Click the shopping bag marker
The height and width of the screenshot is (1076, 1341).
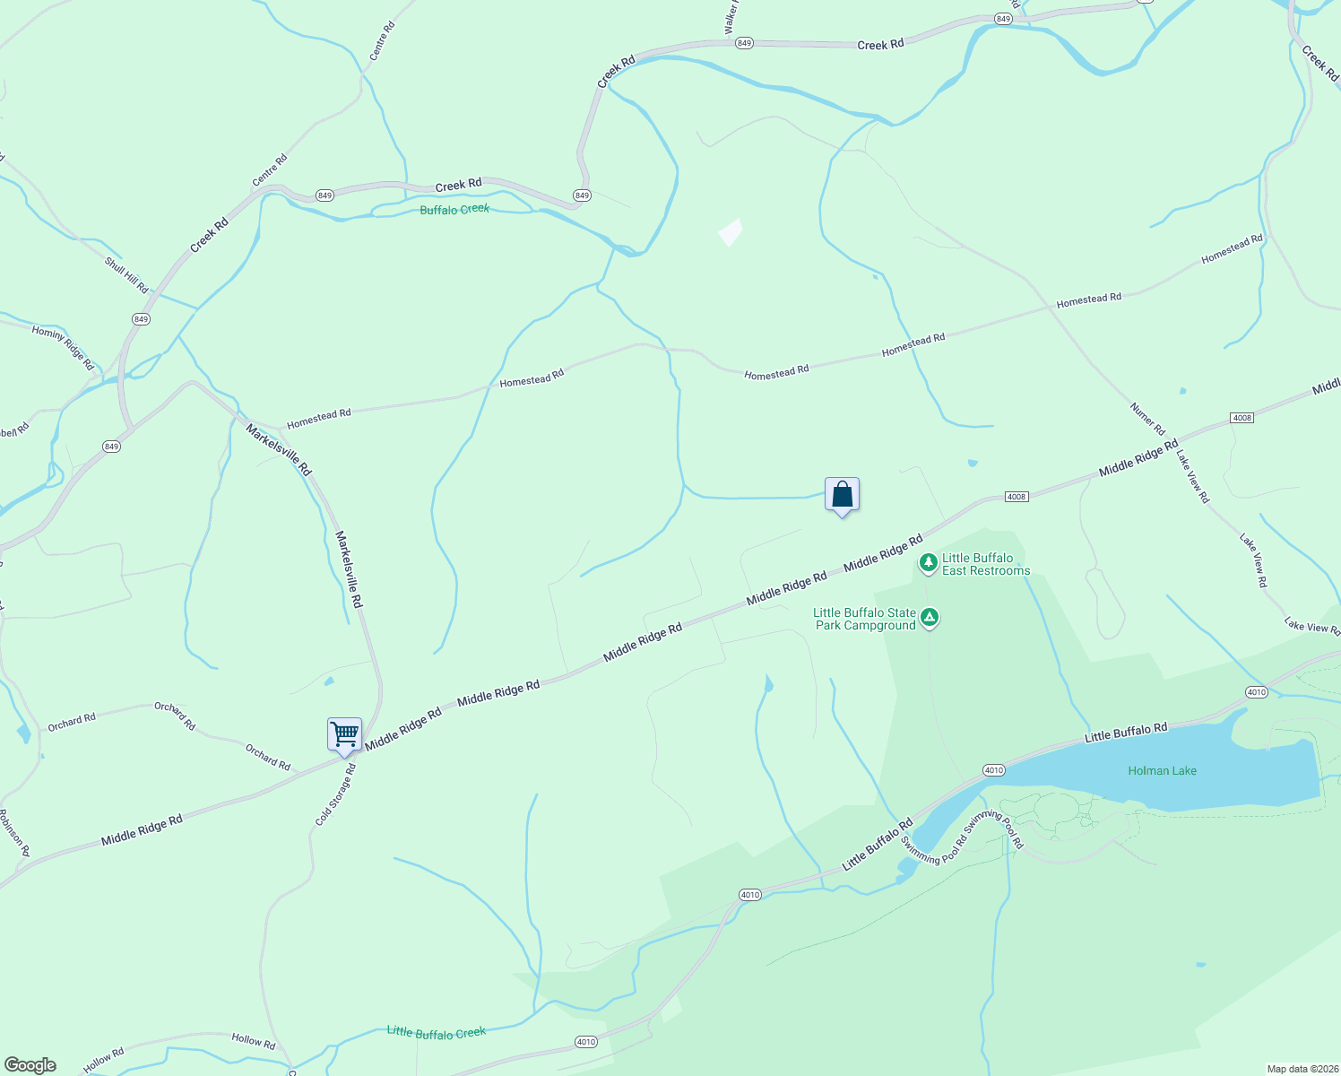pyautogui.click(x=842, y=494)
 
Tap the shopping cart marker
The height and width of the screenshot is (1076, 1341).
pyautogui.click(x=345, y=734)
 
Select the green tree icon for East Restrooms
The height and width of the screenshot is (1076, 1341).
pyautogui.click(x=929, y=563)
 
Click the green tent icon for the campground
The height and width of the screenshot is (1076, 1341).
pyautogui.click(x=930, y=617)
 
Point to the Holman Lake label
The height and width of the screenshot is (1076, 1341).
pyautogui.click(x=1162, y=770)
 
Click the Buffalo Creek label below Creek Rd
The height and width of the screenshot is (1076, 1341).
pyautogui.click(x=454, y=209)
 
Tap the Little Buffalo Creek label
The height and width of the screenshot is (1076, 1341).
pyautogui.click(x=436, y=1032)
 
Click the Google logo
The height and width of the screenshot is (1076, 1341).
pyautogui.click(x=30, y=1065)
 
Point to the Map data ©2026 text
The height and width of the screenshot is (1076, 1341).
pyautogui.click(x=1301, y=1069)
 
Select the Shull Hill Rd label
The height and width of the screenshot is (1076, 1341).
pyautogui.click(x=126, y=275)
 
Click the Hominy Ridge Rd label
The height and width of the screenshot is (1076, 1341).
pyautogui.click(x=63, y=348)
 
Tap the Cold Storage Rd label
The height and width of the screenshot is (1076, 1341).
pyautogui.click(x=336, y=794)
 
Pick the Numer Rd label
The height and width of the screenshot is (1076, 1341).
pyautogui.click(x=1147, y=419)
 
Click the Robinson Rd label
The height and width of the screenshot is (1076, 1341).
pyautogui.click(x=14, y=833)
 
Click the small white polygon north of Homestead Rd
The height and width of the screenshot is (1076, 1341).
pyautogui.click(x=731, y=232)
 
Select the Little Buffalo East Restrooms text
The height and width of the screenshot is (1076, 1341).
pyautogui.click(x=985, y=564)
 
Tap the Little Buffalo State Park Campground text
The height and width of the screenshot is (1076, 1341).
pyautogui.click(x=865, y=619)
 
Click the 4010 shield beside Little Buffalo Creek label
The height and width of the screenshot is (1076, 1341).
pyautogui.click(x=585, y=1042)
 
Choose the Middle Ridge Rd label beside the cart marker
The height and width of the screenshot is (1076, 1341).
pyautogui.click(x=403, y=728)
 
